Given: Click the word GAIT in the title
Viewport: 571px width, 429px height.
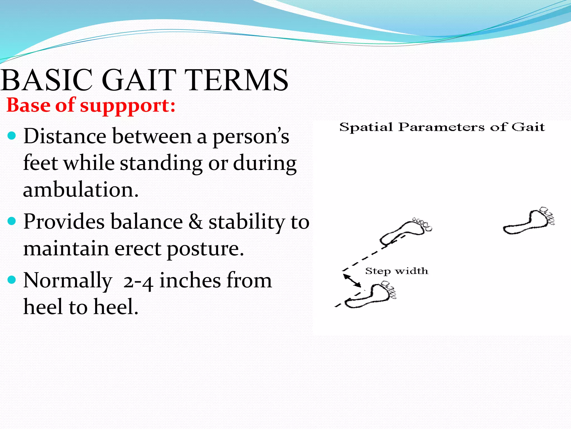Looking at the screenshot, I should coord(139,80).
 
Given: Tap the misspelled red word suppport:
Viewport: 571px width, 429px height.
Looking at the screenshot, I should coord(128,106).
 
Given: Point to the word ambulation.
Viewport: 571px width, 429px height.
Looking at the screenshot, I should coord(81,190).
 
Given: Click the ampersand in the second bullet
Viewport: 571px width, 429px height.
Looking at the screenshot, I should coord(196,222).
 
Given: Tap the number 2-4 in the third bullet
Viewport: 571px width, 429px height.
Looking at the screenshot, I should coord(138,282).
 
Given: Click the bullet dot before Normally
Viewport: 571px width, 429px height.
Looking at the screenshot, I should coord(12,280).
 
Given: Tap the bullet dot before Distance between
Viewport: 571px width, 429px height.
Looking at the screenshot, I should coord(12,136).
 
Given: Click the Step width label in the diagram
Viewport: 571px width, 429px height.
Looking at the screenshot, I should coord(396,271).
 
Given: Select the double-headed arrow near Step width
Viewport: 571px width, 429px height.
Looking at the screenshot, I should coord(352,280).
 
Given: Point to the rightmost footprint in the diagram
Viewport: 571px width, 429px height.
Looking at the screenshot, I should coord(529,222).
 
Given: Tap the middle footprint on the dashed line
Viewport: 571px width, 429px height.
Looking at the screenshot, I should coord(406,231).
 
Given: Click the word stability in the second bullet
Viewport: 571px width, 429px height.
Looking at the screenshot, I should coord(247,222).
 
